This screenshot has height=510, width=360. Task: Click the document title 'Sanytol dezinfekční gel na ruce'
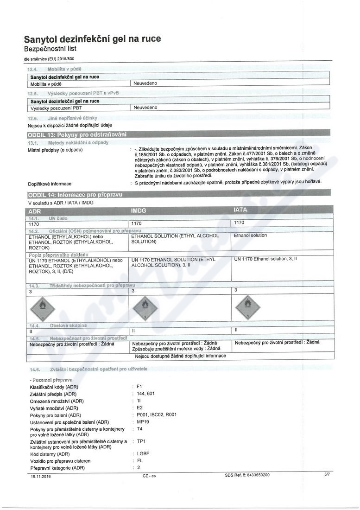click(92, 39)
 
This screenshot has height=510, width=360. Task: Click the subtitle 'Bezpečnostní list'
click(51, 49)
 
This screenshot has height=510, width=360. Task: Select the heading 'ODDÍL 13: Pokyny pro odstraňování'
click(77, 134)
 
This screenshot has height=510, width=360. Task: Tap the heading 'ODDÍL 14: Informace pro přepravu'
click(76, 194)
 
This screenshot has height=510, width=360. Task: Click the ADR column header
click(35, 210)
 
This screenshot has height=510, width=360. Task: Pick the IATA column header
click(241, 210)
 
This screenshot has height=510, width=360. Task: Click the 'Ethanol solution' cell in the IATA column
click(250, 236)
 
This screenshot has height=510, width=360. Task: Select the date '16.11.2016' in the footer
click(41, 475)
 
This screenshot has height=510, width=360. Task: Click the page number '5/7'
click(327, 474)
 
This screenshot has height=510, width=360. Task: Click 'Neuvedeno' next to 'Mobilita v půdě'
click(145, 83)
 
